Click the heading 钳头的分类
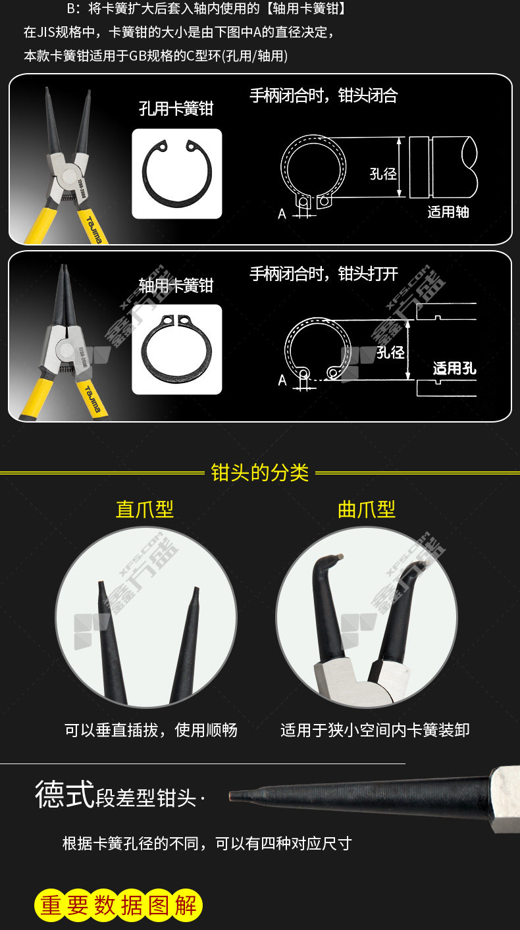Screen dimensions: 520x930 point(259,473)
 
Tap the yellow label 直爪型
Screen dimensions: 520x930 point(145,509)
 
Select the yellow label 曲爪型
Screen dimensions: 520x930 point(367,509)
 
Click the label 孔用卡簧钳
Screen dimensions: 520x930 point(176,109)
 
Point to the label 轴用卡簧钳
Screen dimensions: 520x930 point(176,285)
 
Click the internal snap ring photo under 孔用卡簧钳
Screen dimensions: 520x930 point(176,174)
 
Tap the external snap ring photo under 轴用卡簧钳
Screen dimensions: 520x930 point(176,349)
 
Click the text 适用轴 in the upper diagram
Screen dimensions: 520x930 point(448,212)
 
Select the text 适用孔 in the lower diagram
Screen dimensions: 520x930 point(454,368)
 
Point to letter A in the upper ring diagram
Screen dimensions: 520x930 point(282,214)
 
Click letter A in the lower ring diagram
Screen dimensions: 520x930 point(282,380)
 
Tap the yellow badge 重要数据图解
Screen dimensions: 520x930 point(118,906)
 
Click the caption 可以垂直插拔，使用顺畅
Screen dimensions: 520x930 point(151,729)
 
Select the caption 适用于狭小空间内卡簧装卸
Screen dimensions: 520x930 point(375,729)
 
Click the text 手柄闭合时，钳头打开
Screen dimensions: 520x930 point(324,273)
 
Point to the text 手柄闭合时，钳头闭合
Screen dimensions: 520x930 point(324,95)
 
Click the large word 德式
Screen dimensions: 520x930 point(65,794)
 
